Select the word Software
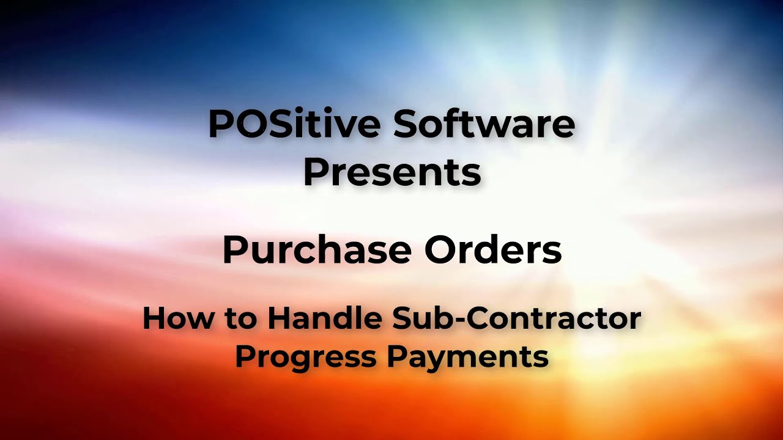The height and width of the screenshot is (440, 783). [x=483, y=124]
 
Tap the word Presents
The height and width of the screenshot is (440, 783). [x=391, y=172]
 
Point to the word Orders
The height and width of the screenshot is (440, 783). [x=493, y=249]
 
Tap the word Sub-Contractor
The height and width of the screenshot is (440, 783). [x=517, y=318]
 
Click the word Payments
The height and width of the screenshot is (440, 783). [x=467, y=356]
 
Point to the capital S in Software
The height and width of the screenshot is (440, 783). [x=406, y=124]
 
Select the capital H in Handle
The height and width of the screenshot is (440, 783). [x=279, y=318]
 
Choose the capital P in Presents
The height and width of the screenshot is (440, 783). [x=315, y=172]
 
